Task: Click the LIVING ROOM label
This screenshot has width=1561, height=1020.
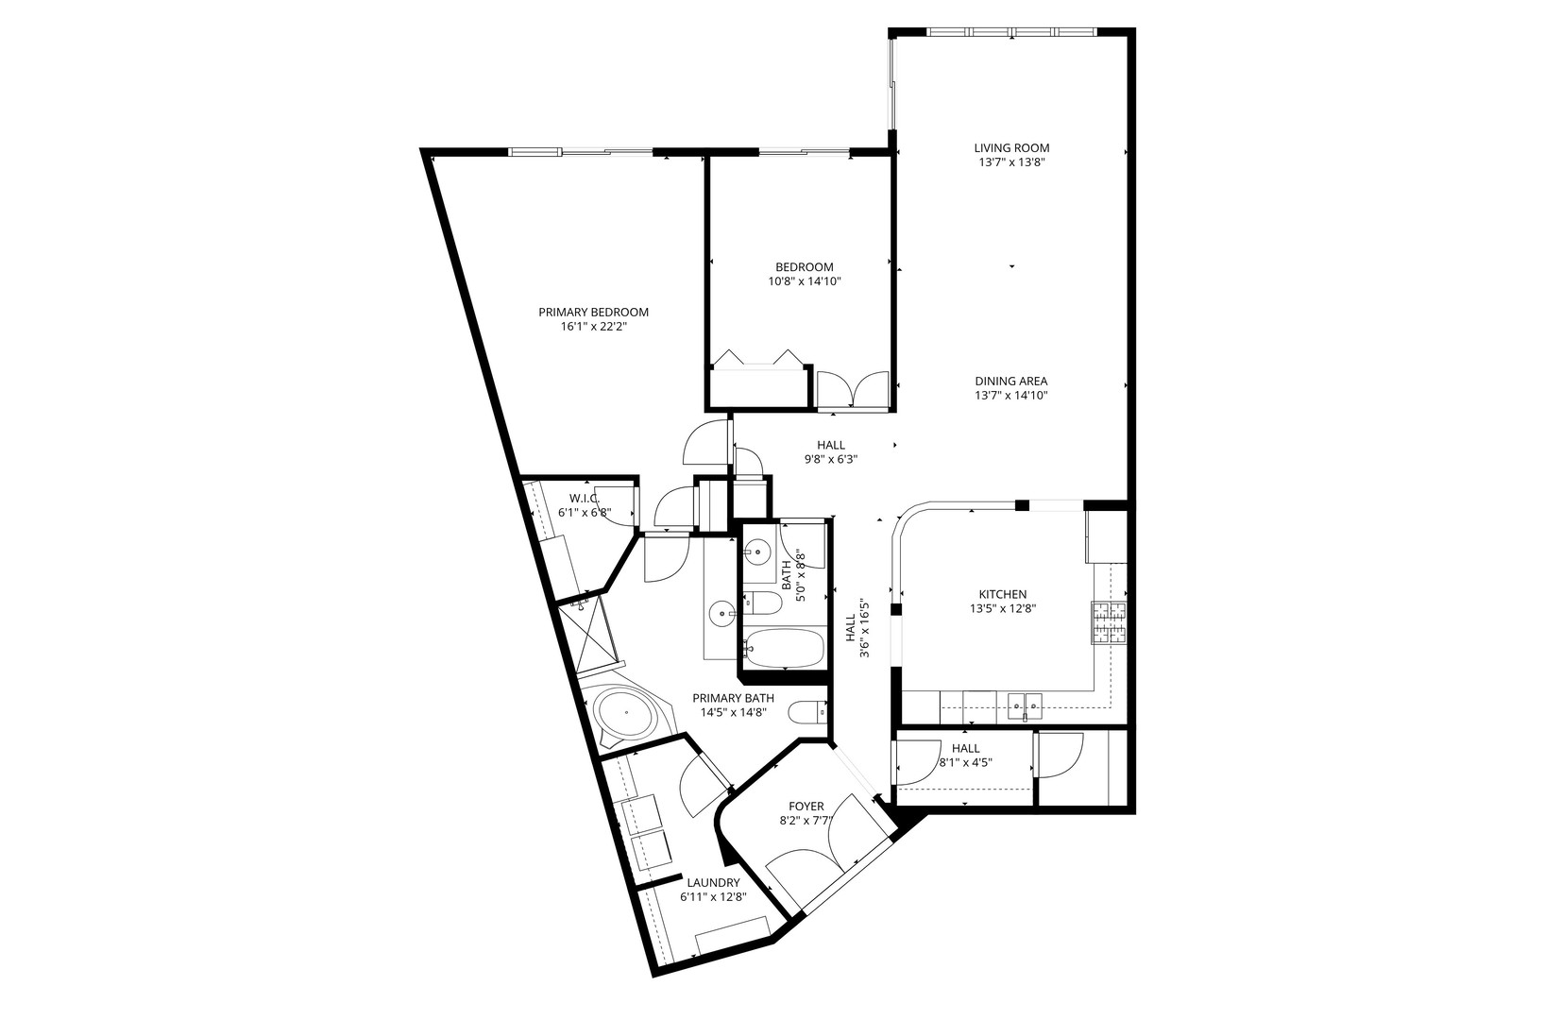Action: [1011, 148]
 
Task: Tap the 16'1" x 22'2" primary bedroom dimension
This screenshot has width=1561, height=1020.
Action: [593, 327]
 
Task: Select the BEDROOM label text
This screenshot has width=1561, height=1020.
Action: [805, 267]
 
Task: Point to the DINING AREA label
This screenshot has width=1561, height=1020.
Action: [1011, 382]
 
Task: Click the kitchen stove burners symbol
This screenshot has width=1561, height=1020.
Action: [1110, 622]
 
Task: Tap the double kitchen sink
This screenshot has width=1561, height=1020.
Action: [1024, 702]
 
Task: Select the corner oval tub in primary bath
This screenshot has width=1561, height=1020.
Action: [627, 715]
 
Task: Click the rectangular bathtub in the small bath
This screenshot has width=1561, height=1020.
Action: [783, 648]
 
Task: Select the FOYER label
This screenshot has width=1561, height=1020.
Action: [806, 807]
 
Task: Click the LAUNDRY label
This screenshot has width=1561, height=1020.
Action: [713, 883]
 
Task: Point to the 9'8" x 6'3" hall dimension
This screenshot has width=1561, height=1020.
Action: [830, 460]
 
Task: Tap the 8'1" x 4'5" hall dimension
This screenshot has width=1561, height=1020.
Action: [965, 762]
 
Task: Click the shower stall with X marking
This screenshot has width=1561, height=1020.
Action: [588, 636]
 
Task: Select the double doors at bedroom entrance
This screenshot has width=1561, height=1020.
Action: [852, 390]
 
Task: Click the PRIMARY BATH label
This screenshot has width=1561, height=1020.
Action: [733, 698]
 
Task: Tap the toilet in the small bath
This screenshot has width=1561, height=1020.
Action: [761, 603]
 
